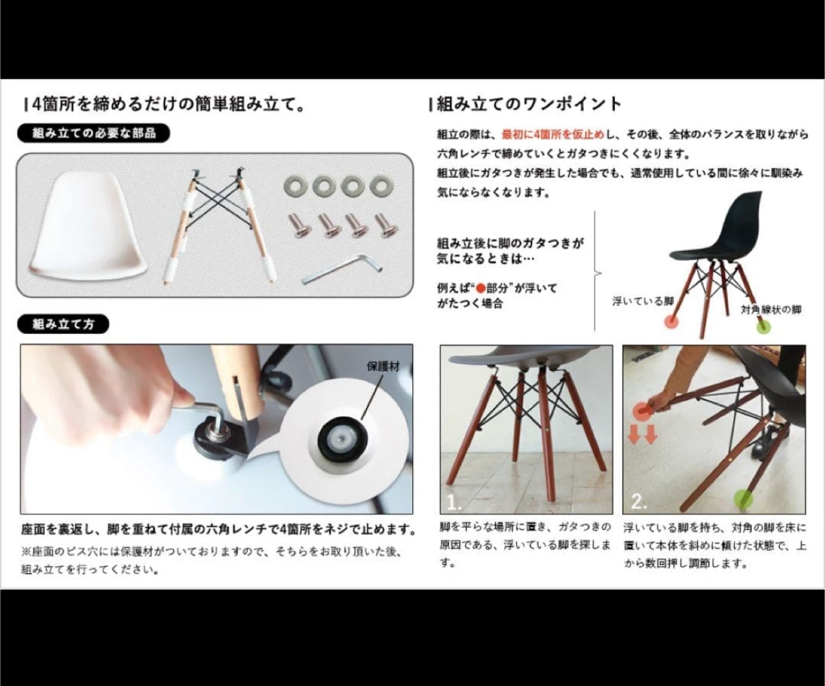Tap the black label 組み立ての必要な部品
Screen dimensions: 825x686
click(93, 133)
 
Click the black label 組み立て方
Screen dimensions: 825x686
click(63, 324)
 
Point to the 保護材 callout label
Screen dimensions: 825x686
click(383, 366)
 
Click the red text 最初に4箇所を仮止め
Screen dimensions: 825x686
click(553, 135)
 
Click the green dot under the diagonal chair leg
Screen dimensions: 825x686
click(763, 327)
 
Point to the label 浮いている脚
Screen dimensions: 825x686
click(643, 301)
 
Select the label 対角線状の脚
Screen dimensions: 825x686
click(771, 310)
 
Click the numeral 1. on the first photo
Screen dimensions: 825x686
click(454, 502)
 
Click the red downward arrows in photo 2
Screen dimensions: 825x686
click(642, 435)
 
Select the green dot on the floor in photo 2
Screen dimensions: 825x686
click(743, 499)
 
